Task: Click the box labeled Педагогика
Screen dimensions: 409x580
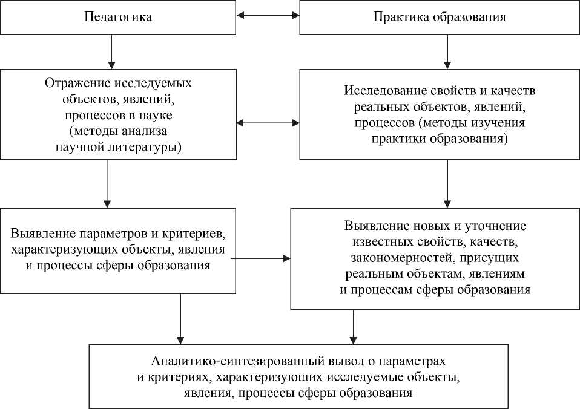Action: pos(117,17)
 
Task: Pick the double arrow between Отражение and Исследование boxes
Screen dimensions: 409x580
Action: pos(268,123)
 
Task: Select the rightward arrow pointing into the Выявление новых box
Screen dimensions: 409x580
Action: pos(260,258)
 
